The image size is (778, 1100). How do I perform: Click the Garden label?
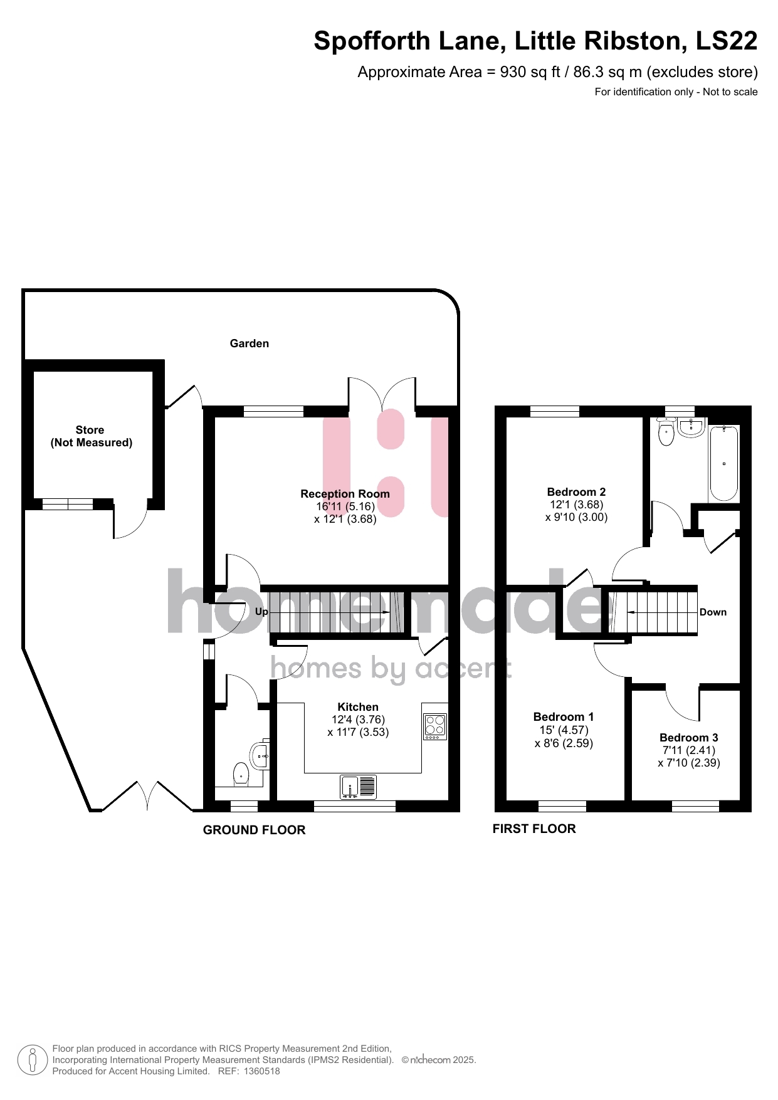tap(250, 343)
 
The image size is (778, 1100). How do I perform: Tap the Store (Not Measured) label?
tap(92, 436)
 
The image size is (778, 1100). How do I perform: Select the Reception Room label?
tap(345, 494)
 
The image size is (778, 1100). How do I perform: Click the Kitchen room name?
tap(358, 707)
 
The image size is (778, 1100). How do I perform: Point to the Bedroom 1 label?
tap(564, 717)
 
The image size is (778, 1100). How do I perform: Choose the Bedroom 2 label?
tap(577, 492)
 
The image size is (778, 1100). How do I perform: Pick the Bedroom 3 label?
tap(689, 738)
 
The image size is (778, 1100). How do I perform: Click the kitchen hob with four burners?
tap(436, 727)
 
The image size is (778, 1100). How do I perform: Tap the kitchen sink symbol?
tap(359, 787)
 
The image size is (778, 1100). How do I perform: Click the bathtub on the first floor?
tap(724, 463)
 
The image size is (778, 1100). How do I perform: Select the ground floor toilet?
tap(241, 775)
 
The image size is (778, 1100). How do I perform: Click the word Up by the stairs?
tap(261, 612)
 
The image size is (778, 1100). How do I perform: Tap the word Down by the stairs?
tap(713, 612)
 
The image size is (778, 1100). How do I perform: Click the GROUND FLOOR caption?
tap(255, 830)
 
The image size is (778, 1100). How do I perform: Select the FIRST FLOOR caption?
tap(534, 829)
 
